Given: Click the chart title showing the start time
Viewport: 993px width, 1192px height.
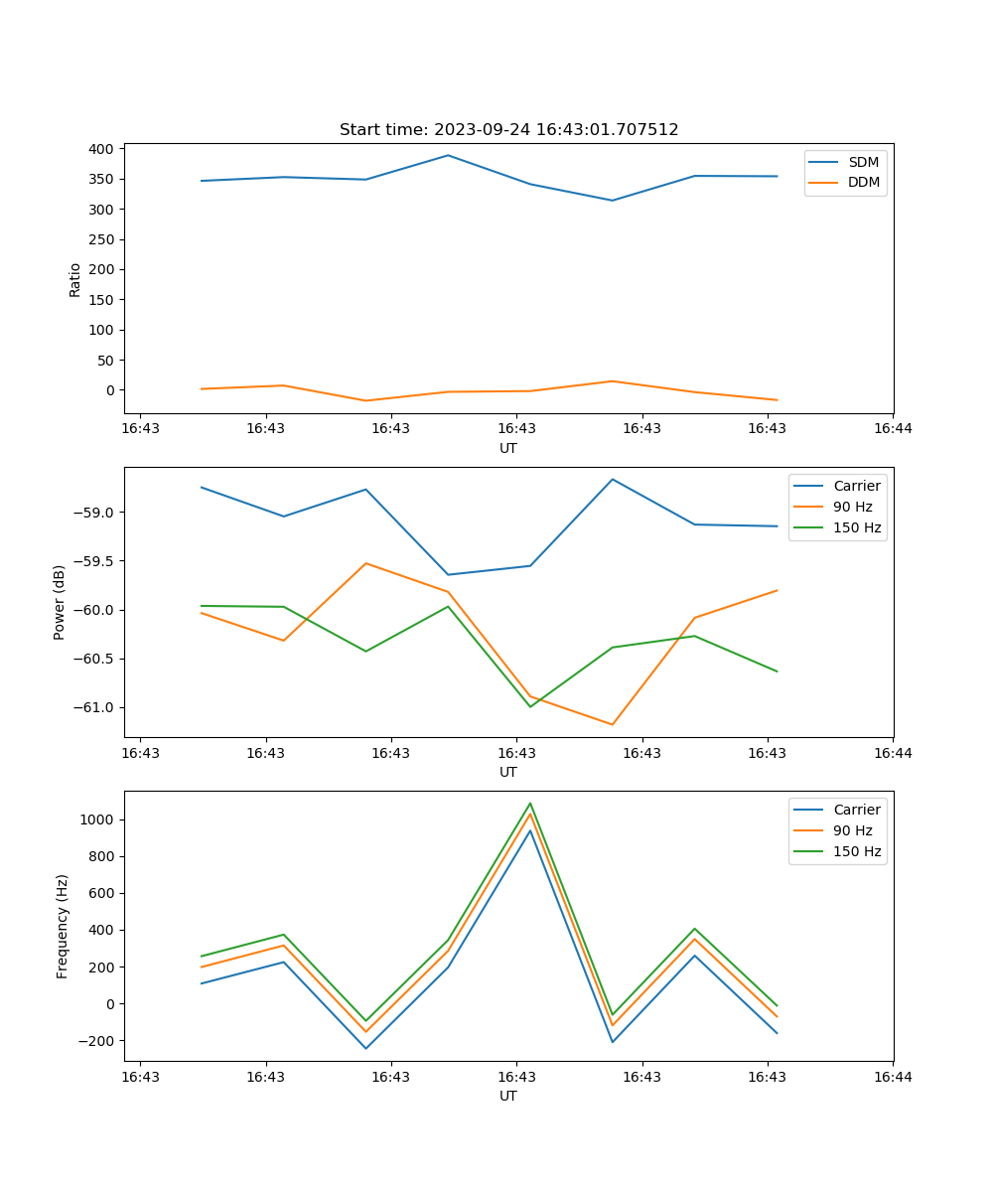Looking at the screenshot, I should [x=508, y=130].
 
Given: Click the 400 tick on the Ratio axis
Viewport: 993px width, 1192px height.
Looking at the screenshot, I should [x=101, y=149].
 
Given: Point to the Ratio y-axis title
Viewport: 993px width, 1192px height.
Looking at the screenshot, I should [x=75, y=280].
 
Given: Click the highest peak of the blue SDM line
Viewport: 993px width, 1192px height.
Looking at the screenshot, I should [x=448, y=155].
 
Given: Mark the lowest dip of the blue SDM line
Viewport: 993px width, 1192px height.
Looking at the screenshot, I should [x=612, y=201].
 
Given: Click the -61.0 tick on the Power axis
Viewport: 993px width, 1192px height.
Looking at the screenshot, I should [x=95, y=707].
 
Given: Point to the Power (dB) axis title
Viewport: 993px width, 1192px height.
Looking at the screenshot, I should [x=60, y=602].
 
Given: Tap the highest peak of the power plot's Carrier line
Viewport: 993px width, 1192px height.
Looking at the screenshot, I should [x=612, y=479].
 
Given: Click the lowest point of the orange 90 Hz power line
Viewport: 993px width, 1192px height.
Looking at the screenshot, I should [x=612, y=724].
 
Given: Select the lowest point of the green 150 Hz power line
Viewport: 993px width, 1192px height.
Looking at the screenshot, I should [x=530, y=707].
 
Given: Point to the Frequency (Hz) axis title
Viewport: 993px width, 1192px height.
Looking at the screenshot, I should [x=63, y=926].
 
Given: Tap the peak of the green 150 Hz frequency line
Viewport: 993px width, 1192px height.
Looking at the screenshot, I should [x=530, y=803].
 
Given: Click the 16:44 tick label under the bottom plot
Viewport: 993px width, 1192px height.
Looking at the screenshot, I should [x=893, y=1077].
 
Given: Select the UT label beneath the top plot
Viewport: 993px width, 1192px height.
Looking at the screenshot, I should [x=508, y=448].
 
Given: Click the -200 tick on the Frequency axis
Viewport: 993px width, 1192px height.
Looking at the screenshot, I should [x=97, y=1041].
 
